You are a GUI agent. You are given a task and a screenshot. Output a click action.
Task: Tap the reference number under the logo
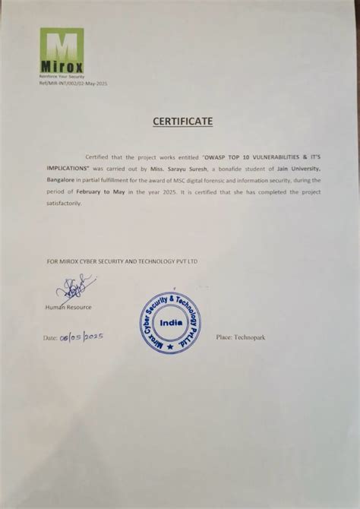[x=73, y=82]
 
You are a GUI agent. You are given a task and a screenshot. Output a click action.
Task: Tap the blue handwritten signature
[x=74, y=287]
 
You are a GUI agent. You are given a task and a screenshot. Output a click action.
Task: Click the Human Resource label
[x=68, y=306]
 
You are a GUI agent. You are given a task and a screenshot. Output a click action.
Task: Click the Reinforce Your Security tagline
[x=61, y=77]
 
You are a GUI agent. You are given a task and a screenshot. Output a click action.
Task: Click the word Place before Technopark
[x=224, y=336]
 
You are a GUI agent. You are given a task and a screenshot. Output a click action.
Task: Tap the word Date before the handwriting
[x=50, y=337]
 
